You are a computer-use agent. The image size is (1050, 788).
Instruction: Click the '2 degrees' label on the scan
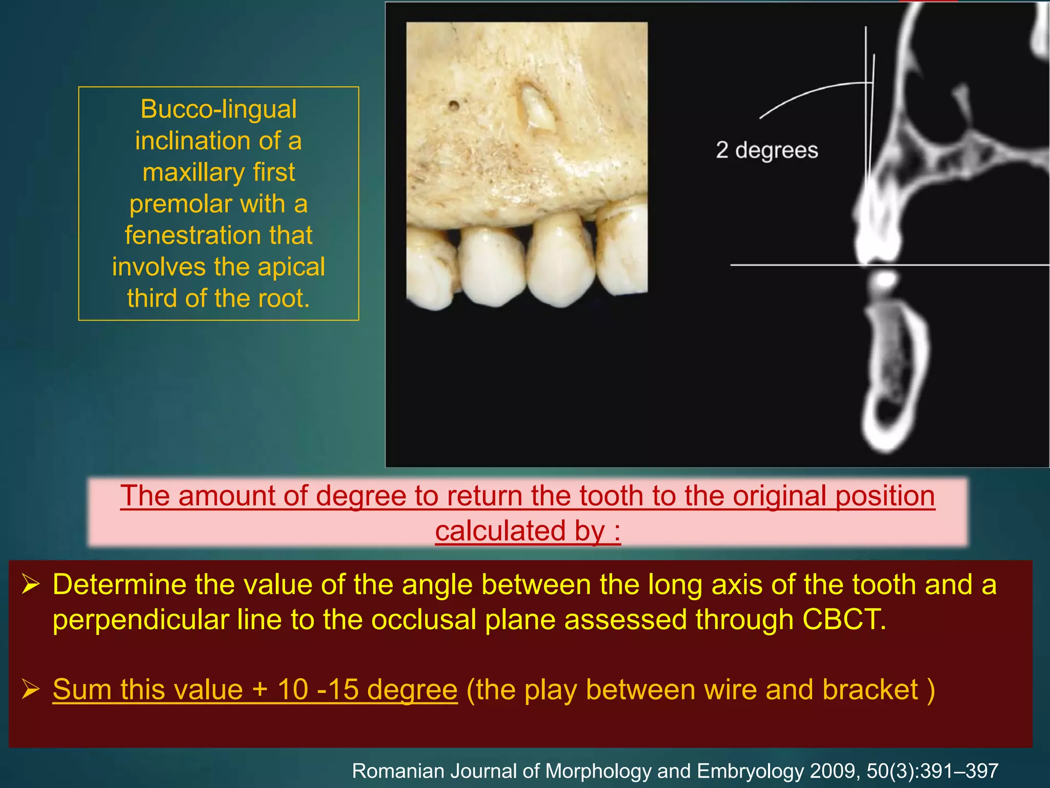point(766,150)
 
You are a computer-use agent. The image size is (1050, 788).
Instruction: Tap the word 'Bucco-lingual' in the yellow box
point(218,109)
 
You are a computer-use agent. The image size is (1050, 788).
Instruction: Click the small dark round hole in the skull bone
point(454,106)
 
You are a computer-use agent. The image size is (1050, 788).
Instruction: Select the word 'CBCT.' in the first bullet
point(844,619)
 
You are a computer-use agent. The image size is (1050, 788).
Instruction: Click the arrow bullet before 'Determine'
point(31,585)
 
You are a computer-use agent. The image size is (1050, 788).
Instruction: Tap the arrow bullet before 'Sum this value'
point(31,689)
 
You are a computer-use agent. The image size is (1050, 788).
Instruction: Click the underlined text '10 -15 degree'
point(367,689)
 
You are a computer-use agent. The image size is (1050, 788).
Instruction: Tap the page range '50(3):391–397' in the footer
point(933,771)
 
